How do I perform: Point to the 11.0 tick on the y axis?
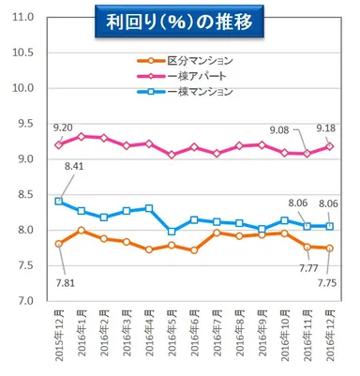click(x=23, y=18)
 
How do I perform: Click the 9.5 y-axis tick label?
click(x=23, y=124)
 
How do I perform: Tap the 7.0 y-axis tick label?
click(x=23, y=301)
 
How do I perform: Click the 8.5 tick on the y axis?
click(x=23, y=195)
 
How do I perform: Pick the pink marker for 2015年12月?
click(x=60, y=144)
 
